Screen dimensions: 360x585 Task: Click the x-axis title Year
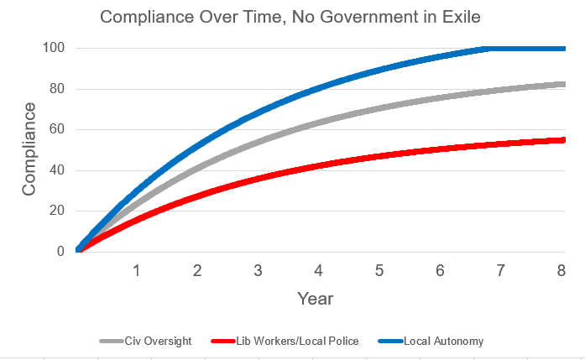point(316,298)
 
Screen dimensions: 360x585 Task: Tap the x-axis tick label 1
point(136,271)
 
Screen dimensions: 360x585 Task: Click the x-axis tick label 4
point(318,271)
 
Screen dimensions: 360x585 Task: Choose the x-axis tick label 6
point(440,271)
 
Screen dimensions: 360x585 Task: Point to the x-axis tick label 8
point(561,271)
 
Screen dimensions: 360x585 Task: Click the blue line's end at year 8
point(562,49)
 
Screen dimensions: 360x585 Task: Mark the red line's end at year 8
point(562,140)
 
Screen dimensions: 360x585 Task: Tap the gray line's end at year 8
point(562,84)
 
